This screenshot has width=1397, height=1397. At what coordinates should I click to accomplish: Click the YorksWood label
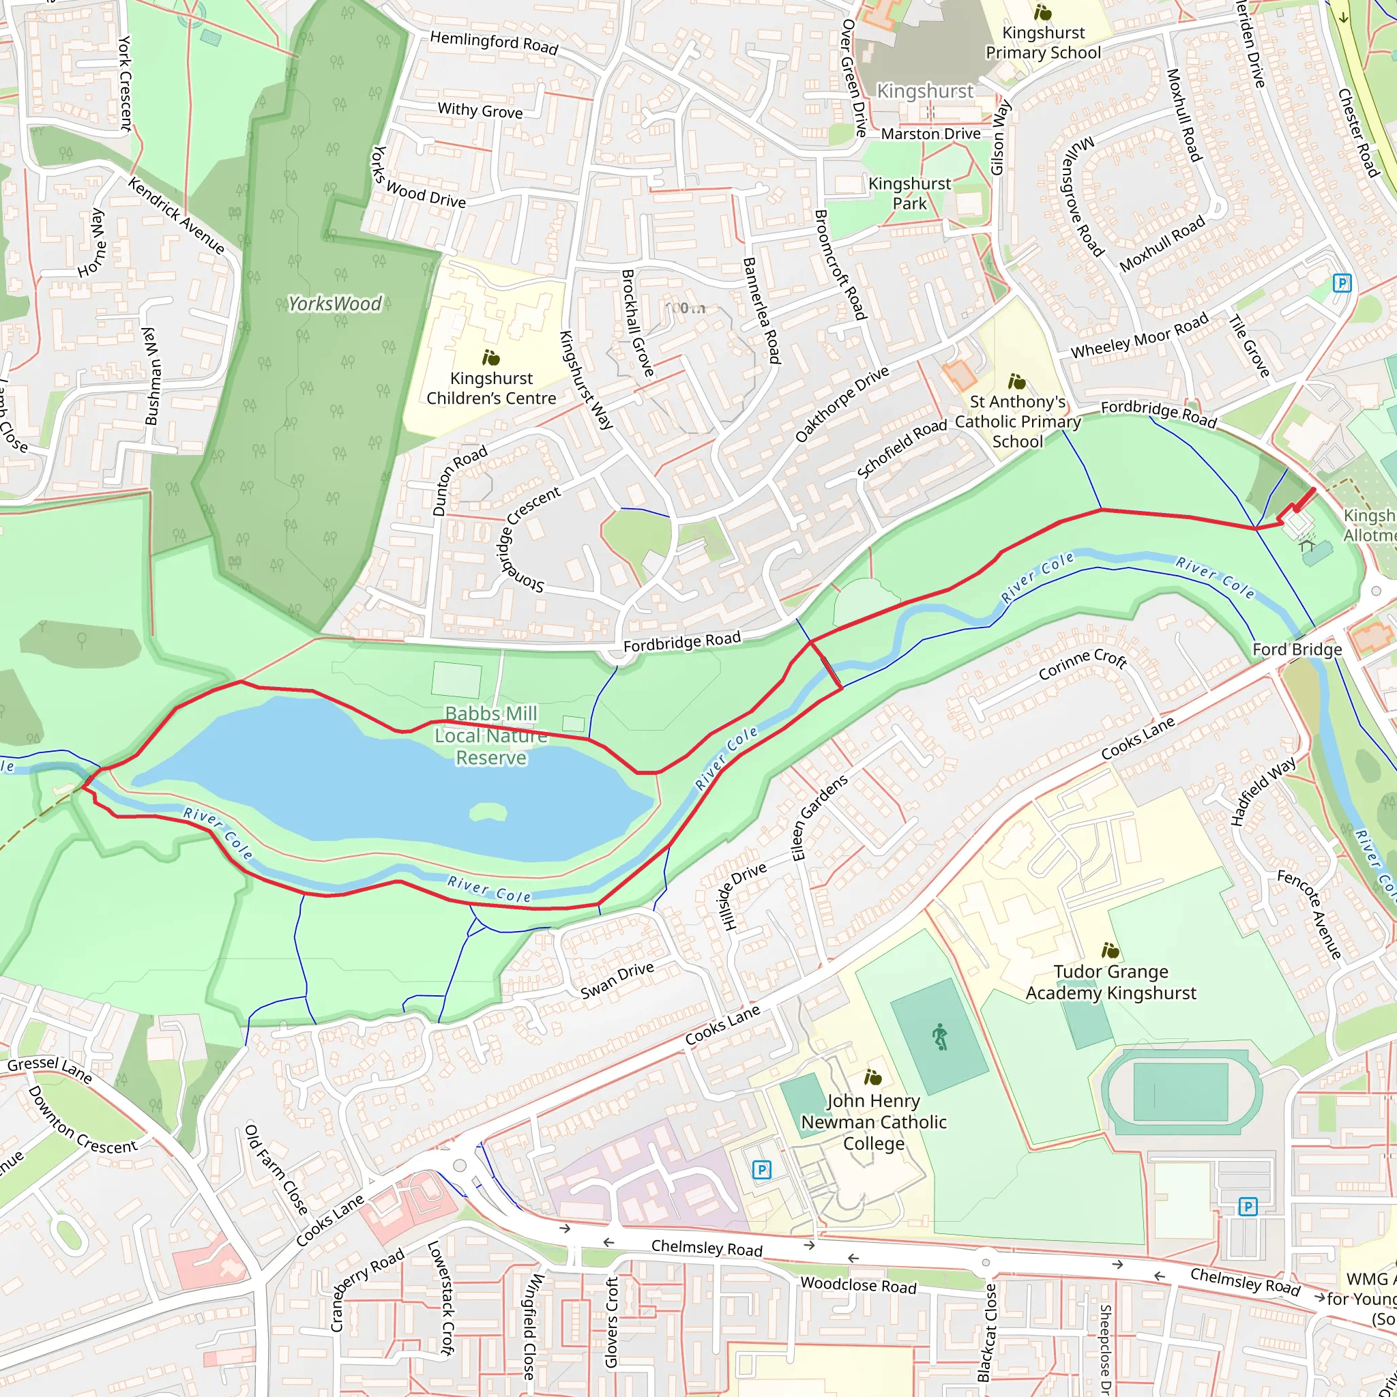click(334, 304)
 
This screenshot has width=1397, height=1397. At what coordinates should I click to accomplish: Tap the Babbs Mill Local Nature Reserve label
click(491, 735)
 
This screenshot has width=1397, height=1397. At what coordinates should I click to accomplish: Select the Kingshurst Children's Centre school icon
click(492, 357)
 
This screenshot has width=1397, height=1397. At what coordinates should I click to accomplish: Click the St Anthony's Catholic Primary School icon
click(1017, 381)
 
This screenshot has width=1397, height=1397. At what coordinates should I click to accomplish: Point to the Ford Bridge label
click(1297, 649)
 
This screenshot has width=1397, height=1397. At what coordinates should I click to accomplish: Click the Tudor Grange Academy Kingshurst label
click(1111, 982)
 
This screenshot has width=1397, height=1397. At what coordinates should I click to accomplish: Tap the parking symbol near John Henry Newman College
click(761, 1170)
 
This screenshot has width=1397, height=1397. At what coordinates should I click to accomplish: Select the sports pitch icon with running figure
click(939, 1037)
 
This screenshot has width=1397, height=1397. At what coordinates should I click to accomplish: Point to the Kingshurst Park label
click(910, 193)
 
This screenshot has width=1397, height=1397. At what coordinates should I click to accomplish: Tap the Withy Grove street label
click(480, 110)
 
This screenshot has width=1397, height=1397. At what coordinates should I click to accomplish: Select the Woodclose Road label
click(858, 1286)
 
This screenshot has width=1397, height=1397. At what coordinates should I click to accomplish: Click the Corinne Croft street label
click(1083, 664)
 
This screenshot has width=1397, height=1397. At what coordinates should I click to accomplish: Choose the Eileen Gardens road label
click(819, 818)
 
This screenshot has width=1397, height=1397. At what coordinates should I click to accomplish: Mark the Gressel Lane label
click(50, 1070)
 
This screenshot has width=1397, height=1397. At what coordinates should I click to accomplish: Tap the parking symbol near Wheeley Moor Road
click(1342, 282)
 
